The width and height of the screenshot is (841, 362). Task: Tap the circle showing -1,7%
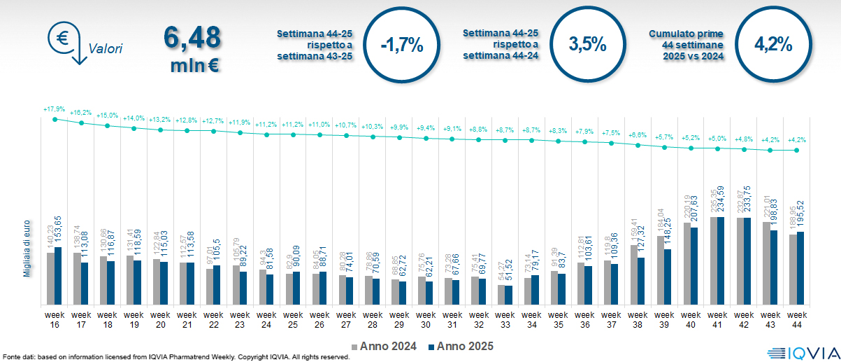click(x=401, y=46)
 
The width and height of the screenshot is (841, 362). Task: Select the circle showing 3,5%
click(x=587, y=45)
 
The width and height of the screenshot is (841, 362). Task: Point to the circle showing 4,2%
click(x=772, y=45)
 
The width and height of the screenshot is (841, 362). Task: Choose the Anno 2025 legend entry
click(x=461, y=346)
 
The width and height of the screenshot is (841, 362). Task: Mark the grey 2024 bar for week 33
click(x=501, y=295)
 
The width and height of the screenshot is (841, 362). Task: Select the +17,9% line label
click(x=54, y=109)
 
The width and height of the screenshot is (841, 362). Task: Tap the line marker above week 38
click(x=638, y=146)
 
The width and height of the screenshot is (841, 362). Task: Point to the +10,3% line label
click(x=373, y=126)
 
